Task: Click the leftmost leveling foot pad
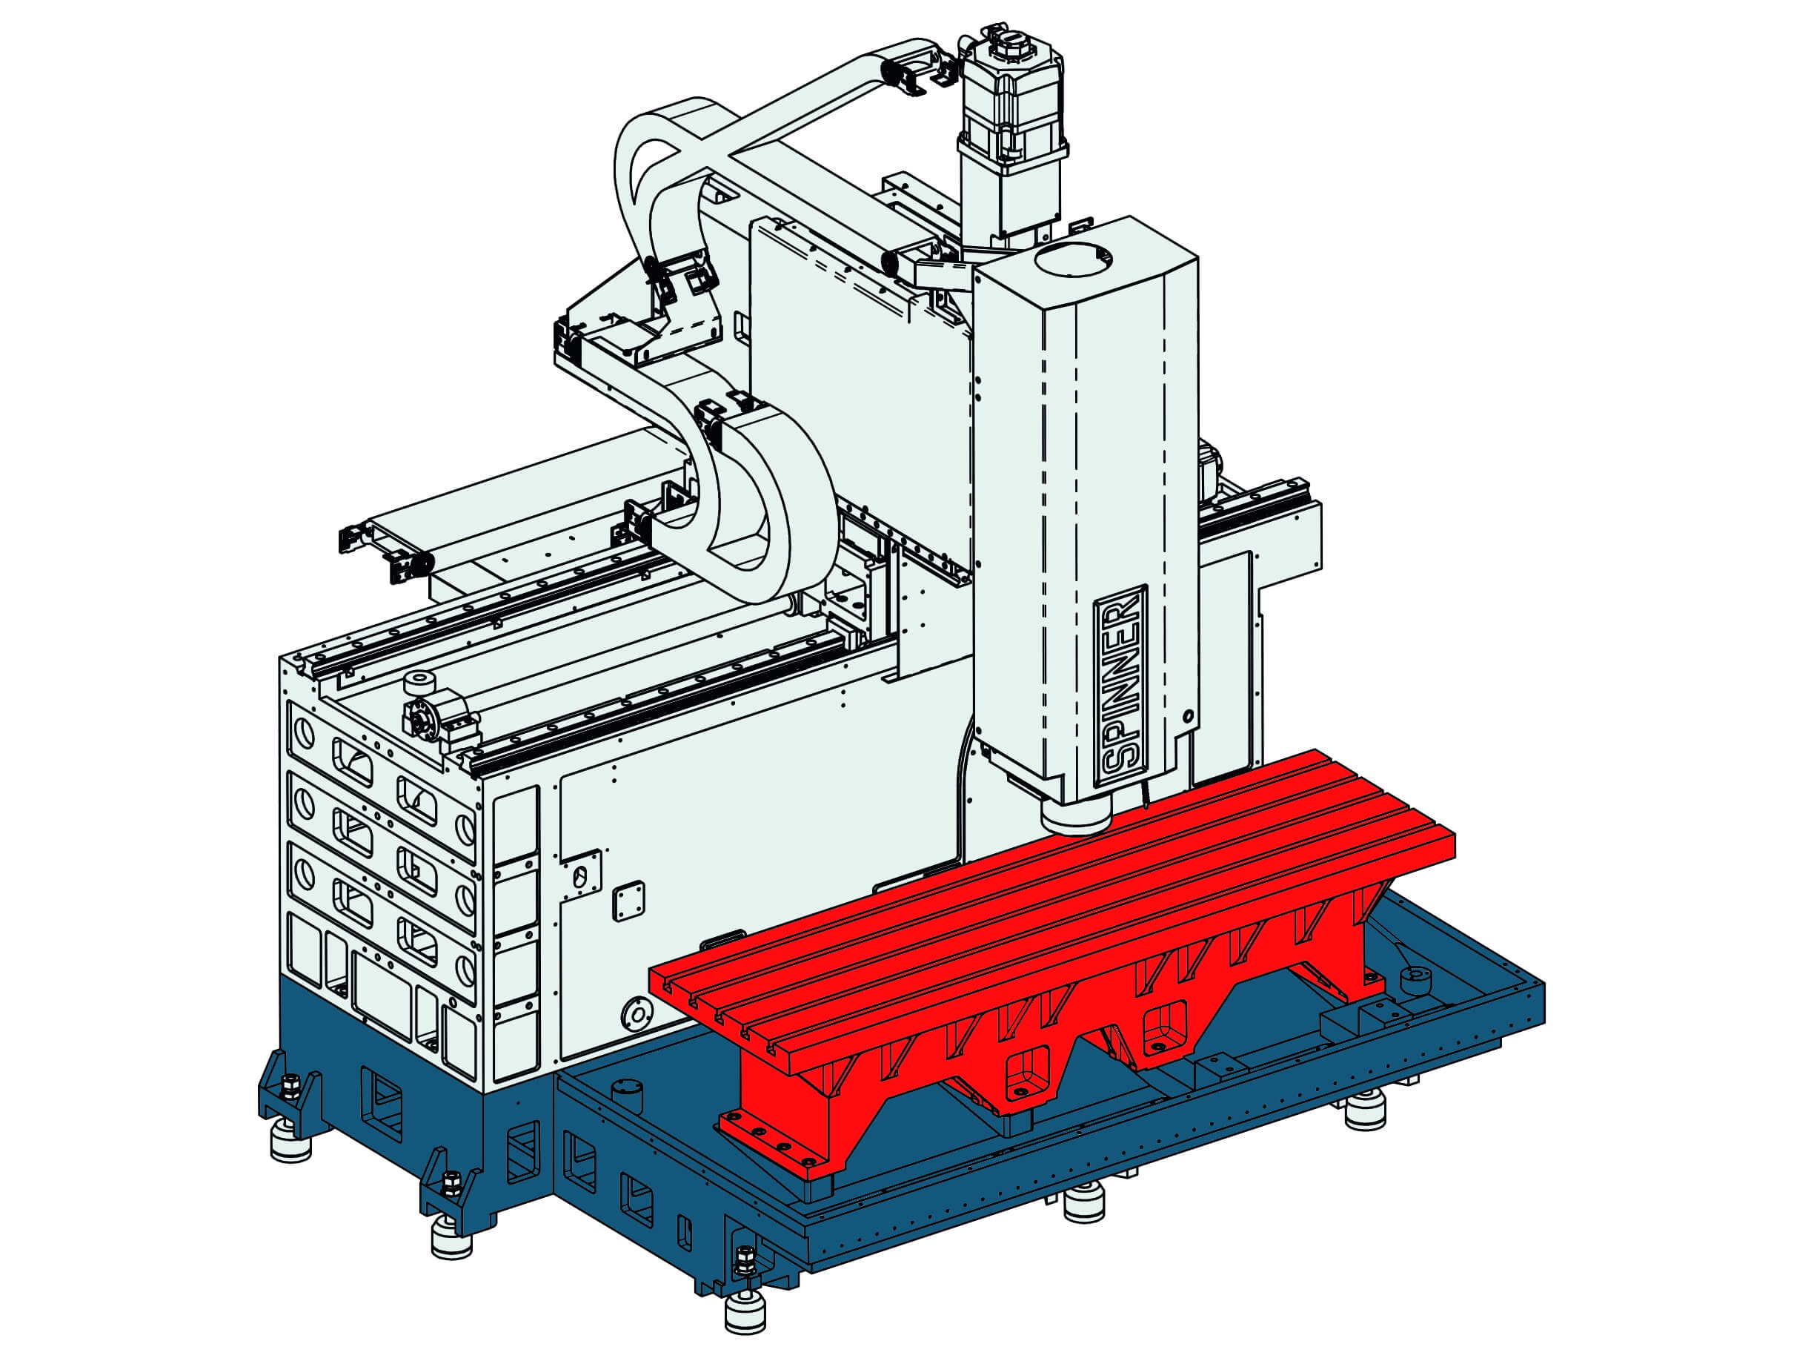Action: pos(290,1143)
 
